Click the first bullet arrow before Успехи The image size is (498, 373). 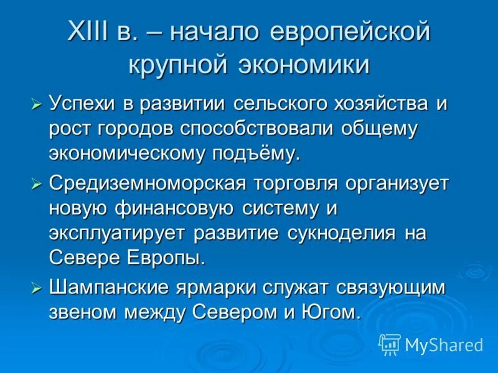click(x=37, y=104)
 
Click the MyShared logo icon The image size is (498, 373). click(x=390, y=344)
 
